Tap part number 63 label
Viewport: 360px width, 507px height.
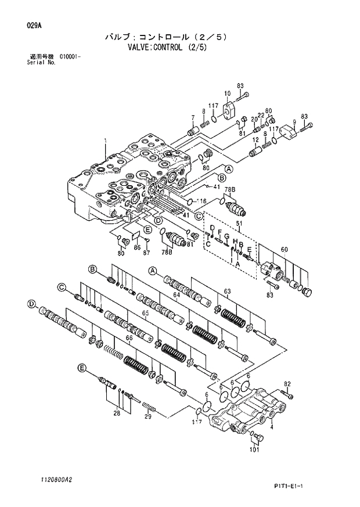(x=228, y=291)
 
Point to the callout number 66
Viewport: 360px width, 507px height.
(x=129, y=338)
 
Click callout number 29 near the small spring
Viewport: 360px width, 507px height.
(x=147, y=416)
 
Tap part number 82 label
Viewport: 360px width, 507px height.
(x=286, y=384)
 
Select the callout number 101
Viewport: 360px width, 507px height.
(x=254, y=449)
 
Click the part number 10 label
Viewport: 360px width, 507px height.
(x=228, y=94)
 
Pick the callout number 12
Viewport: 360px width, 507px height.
(x=255, y=140)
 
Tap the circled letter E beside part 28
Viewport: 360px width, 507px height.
(x=82, y=368)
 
